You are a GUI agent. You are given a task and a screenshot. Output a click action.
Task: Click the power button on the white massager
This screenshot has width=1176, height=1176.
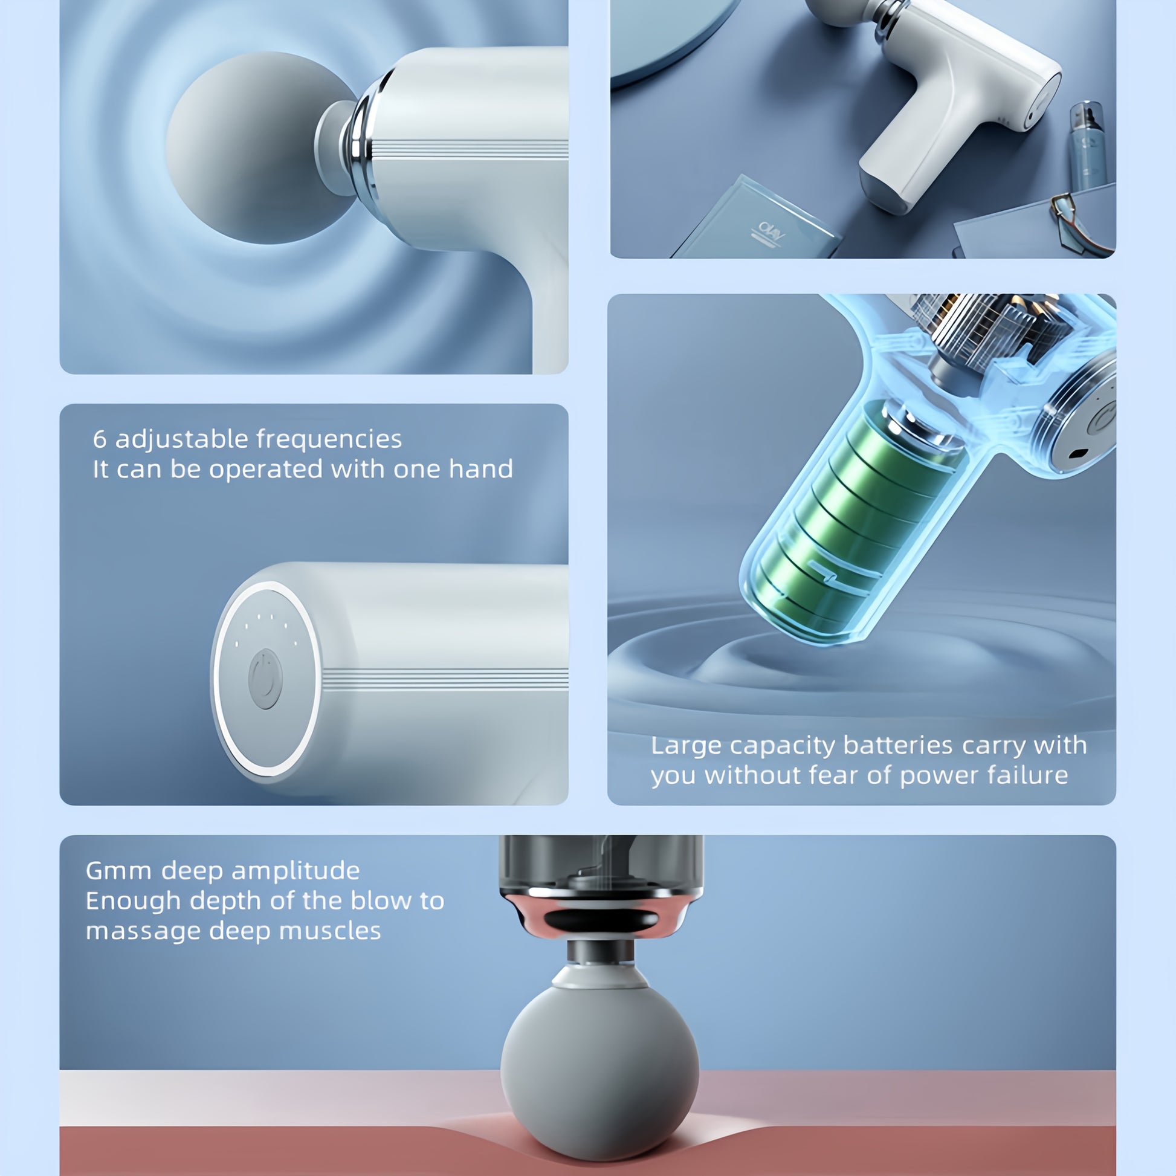coord(265,679)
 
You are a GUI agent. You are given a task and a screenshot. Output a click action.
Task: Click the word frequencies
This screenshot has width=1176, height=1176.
coord(329,439)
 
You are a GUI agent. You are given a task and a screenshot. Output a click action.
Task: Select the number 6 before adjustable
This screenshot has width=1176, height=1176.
coord(99,439)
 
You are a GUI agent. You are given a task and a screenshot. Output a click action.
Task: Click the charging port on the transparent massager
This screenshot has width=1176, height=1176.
coord(1078,453)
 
